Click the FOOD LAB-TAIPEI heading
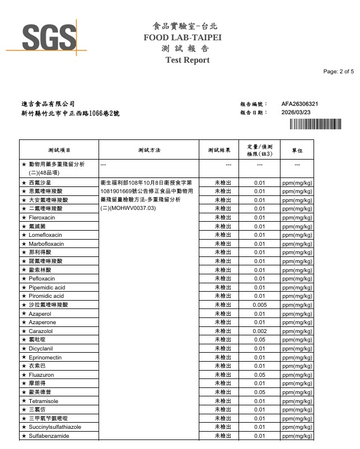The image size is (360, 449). point(183,38)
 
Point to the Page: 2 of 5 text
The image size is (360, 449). point(338,72)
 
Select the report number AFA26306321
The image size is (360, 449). point(300,104)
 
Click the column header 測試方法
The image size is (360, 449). point(149,150)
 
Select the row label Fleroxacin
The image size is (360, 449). point(42,217)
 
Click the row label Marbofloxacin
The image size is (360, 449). point(46,244)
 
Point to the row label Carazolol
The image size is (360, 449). point(40,331)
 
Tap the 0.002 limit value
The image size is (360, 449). point(259,331)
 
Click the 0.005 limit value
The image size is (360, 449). point(259,305)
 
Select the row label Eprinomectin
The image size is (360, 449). point(45,357)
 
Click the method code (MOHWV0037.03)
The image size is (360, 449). point(128,208)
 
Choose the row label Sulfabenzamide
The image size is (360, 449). point(49,436)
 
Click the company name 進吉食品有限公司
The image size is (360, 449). point(48,104)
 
